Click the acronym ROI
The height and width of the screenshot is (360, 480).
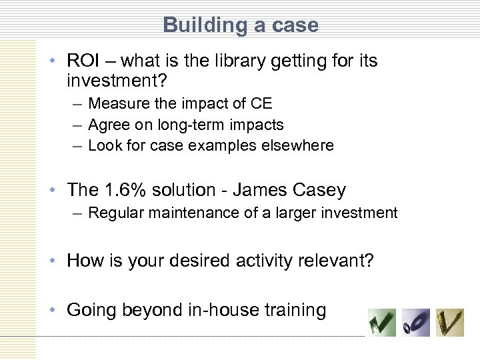coord(83,61)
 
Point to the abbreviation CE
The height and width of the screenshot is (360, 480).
coord(261,103)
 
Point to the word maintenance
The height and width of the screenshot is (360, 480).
coord(184,213)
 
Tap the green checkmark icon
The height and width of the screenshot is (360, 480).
coord(382,323)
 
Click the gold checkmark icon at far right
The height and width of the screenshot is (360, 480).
coord(449,323)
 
